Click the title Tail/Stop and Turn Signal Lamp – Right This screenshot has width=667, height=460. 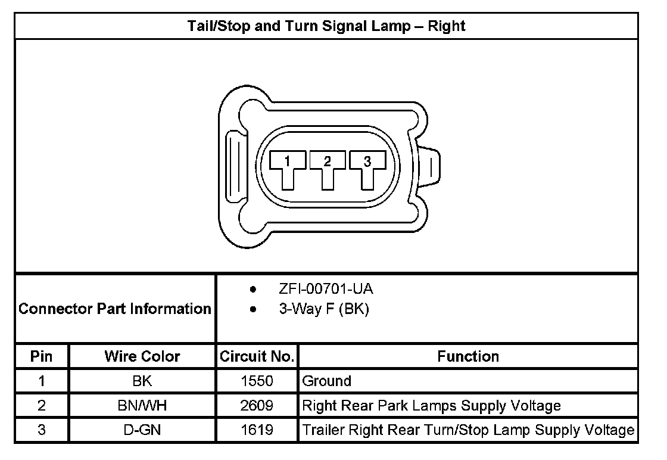point(326,26)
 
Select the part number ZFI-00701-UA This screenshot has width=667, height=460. point(326,290)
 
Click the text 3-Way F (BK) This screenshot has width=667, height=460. point(323,310)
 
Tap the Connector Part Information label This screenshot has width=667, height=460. point(115,309)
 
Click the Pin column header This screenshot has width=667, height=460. point(42,356)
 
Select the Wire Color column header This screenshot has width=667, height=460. point(142,356)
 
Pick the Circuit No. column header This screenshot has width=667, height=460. point(257,356)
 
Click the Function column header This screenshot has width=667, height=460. point(468,356)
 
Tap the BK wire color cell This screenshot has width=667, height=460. point(142,381)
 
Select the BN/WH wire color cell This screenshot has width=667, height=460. point(142,406)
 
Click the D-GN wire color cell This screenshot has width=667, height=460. point(142,430)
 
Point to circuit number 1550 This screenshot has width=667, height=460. point(257,381)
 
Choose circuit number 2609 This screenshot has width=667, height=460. point(257,406)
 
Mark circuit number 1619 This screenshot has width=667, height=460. point(257,430)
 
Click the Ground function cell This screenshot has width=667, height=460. point(327,381)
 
